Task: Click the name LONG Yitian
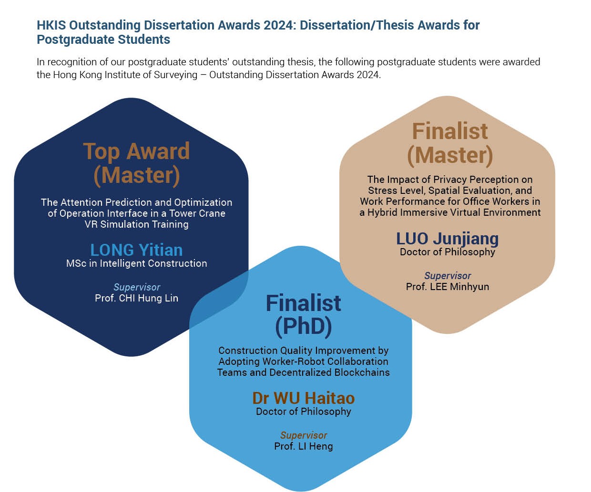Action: pyautogui.click(x=136, y=250)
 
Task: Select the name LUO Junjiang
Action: pyautogui.click(x=447, y=239)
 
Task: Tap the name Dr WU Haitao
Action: pyautogui.click(x=304, y=398)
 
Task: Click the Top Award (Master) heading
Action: pyautogui.click(x=136, y=163)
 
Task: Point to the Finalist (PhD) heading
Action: pyautogui.click(x=304, y=315)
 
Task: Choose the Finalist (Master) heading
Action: pyautogui.click(x=450, y=143)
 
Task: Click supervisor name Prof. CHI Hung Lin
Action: pyautogui.click(x=136, y=298)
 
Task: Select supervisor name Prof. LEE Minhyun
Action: pyautogui.click(x=448, y=287)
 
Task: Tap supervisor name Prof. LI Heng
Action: pyautogui.click(x=304, y=446)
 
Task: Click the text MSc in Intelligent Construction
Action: pyautogui.click(x=136, y=263)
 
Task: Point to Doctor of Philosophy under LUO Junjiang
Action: pyautogui.click(x=448, y=252)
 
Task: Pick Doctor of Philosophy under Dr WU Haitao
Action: pyautogui.click(x=304, y=412)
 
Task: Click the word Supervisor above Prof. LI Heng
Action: pyautogui.click(x=304, y=435)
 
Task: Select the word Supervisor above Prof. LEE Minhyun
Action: pyautogui.click(x=448, y=276)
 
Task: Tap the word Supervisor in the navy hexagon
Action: pyautogui.click(x=137, y=287)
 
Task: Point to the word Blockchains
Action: pyautogui.click(x=362, y=372)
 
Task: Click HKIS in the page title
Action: pyautogui.click(x=51, y=25)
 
